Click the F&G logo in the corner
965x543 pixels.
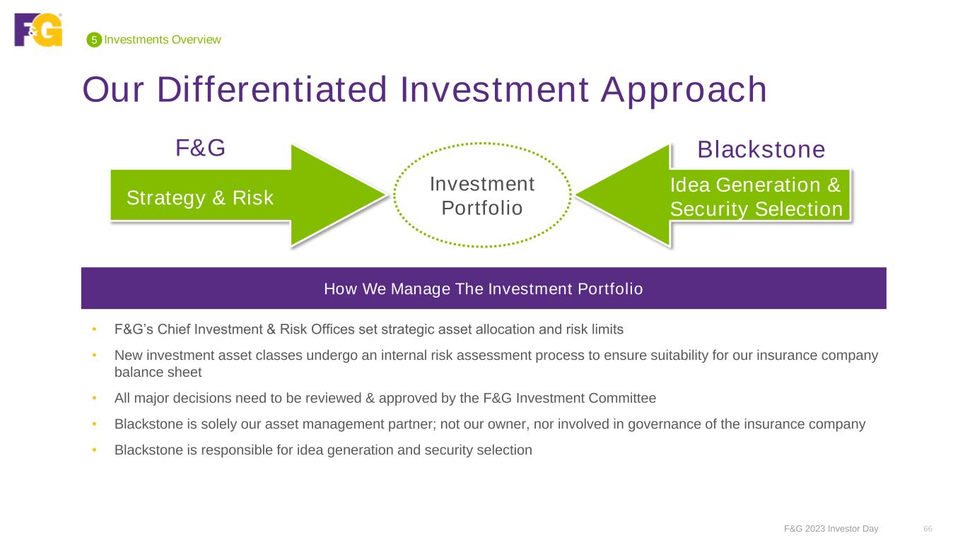(38, 30)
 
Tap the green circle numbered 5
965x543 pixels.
(94, 40)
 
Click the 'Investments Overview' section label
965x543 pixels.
(163, 40)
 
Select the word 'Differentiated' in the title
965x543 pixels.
(272, 90)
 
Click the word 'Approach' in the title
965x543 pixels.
(684, 91)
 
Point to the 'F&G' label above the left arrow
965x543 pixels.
(200, 148)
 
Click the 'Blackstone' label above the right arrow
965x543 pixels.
(761, 150)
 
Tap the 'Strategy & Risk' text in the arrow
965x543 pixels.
(200, 198)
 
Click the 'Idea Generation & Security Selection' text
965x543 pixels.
(756, 197)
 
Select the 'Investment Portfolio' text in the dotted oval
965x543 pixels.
(482, 196)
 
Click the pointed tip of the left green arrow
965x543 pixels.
(387, 195)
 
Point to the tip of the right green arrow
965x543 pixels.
(576, 195)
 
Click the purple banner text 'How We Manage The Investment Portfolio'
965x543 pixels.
(484, 288)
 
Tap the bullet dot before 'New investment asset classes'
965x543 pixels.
(94, 355)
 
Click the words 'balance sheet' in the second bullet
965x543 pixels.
(158, 372)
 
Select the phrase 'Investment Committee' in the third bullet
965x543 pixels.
(586, 398)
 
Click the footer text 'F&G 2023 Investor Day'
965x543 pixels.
(831, 529)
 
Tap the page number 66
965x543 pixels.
(928, 529)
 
